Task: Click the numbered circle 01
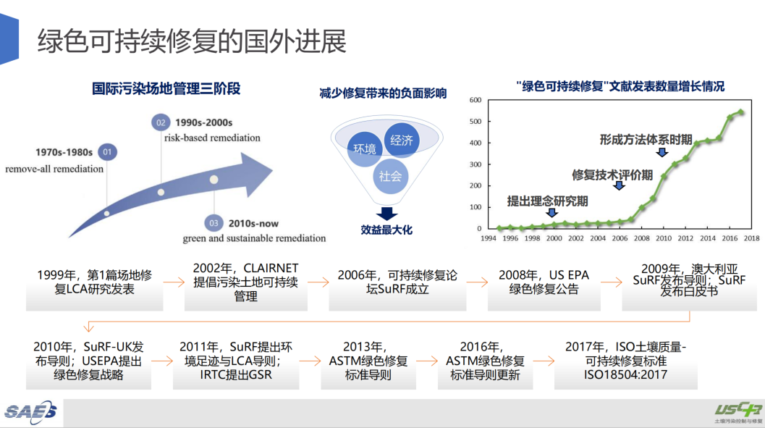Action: click(x=107, y=152)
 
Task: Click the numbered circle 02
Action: click(x=161, y=122)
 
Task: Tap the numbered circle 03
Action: click(x=214, y=223)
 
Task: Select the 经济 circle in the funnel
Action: click(x=402, y=140)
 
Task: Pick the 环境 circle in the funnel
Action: click(x=365, y=149)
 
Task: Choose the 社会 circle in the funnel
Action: click(x=390, y=176)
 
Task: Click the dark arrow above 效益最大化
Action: click(x=387, y=213)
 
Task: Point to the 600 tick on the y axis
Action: click(x=476, y=100)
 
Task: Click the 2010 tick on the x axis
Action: click(x=664, y=238)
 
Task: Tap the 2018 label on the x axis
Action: click(x=751, y=238)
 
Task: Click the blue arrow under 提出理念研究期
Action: click(x=551, y=212)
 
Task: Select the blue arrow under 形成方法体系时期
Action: click(x=662, y=152)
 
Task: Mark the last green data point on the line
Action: click(x=741, y=112)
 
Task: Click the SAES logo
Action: click(x=30, y=412)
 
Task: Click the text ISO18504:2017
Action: click(x=625, y=375)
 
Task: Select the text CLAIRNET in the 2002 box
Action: click(x=271, y=269)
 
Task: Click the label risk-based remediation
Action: click(x=212, y=138)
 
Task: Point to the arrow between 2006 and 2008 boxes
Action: click(x=477, y=282)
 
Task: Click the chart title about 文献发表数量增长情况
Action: click(x=620, y=86)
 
